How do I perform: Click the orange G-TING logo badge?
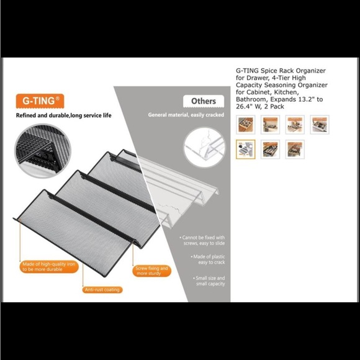pyautogui.click(x=40, y=101)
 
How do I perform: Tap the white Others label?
pyautogui.click(x=204, y=101)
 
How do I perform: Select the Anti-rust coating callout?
pyautogui.click(x=102, y=290)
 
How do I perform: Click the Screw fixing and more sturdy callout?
pyautogui.click(x=152, y=271)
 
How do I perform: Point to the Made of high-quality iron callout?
pyautogui.click(x=49, y=267)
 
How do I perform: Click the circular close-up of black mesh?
pyautogui.click(x=43, y=151)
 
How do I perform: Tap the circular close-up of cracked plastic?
pyautogui.click(x=205, y=147)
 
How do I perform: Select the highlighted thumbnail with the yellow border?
pyautogui.click(x=245, y=149)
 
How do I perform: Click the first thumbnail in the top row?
pyautogui.click(x=245, y=125)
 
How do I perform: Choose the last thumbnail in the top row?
pyautogui.click(x=320, y=125)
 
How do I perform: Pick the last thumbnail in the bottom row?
pyautogui.click(x=295, y=149)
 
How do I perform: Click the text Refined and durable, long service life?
pyautogui.click(x=63, y=115)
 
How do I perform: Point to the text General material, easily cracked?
pyautogui.click(x=186, y=115)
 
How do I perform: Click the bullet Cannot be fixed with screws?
pyautogui.click(x=202, y=240)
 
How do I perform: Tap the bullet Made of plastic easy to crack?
pyautogui.click(x=208, y=259)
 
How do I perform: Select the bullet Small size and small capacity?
pyautogui.click(x=209, y=281)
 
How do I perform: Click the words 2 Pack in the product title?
pyautogui.click(x=274, y=107)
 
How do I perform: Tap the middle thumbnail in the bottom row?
pyautogui.click(x=270, y=149)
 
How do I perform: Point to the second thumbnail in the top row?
pyautogui.click(x=270, y=125)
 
